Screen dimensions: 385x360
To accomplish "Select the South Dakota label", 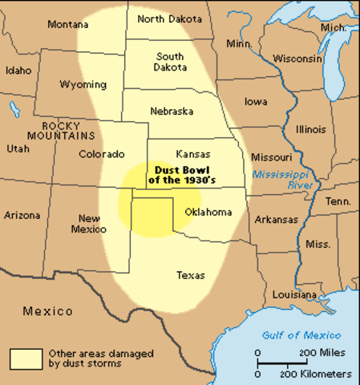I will pyautogui.click(x=170, y=62).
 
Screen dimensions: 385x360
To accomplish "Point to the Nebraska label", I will pyautogui.click(x=172, y=111).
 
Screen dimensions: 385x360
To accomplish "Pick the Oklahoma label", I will pyautogui.click(x=208, y=213).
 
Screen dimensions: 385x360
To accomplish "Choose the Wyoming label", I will pyautogui.click(x=83, y=84).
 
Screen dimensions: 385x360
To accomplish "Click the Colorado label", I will pyautogui.click(x=102, y=154).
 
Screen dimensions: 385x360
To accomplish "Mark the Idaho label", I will pyautogui.click(x=18, y=71).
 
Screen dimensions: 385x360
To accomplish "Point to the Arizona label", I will pyautogui.click(x=22, y=215).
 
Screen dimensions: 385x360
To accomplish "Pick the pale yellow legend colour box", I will pyautogui.click(x=26, y=357).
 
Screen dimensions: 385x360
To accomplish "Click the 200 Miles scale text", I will pyautogui.click(x=325, y=353).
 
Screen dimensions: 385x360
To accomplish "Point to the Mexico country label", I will pyautogui.click(x=47, y=310).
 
